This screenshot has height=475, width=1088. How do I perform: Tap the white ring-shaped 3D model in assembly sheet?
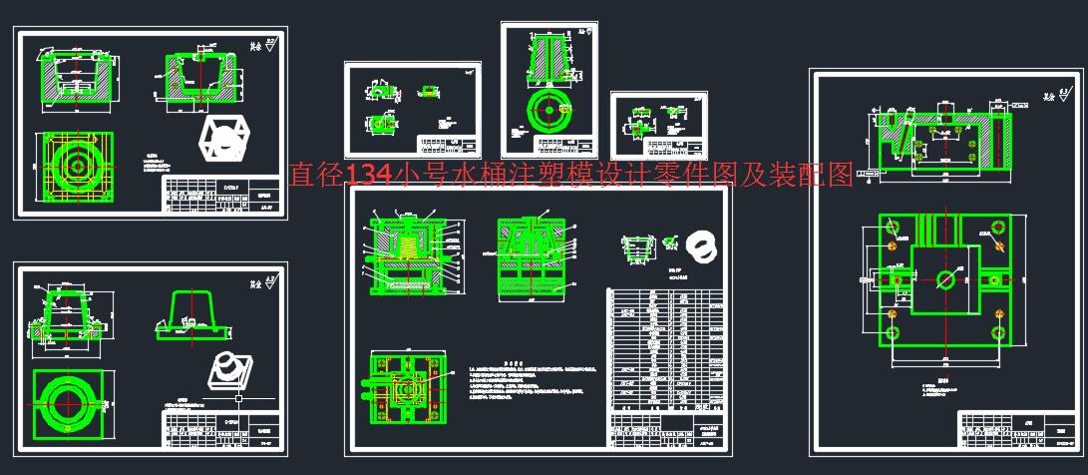[702, 245]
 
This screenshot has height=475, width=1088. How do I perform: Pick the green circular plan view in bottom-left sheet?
[69, 405]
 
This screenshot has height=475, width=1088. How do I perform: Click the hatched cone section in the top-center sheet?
[549, 59]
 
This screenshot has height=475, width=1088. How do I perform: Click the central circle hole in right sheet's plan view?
[944, 280]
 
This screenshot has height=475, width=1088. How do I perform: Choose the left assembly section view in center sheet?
[404, 255]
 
